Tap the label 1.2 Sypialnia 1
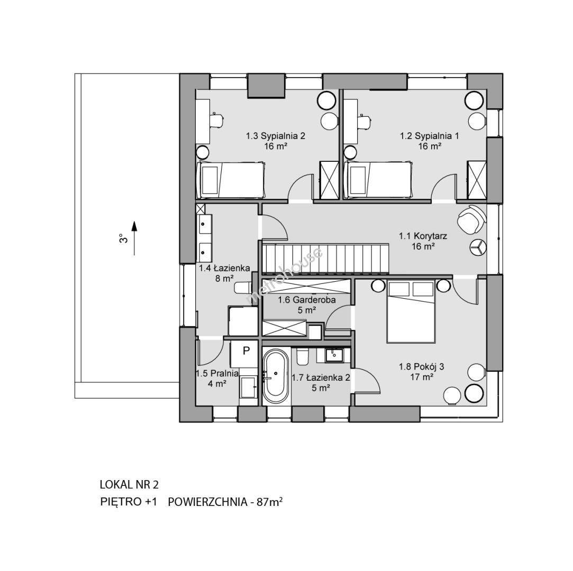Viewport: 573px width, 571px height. tap(430, 136)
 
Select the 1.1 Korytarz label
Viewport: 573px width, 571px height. tap(423, 236)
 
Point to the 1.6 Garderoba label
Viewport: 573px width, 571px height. tap(306, 300)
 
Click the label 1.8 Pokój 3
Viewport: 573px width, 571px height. tap(421, 366)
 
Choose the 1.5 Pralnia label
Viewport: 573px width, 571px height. tap(217, 373)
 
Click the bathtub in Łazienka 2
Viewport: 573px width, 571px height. tap(276, 376)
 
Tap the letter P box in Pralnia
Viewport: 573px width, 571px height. tap(246, 351)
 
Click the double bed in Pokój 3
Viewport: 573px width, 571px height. tap(411, 311)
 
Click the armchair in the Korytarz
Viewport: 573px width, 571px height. tap(471, 219)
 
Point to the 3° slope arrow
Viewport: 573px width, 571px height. tap(134, 238)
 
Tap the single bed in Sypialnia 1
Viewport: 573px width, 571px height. tap(379, 180)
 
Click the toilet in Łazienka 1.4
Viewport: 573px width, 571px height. tap(243, 288)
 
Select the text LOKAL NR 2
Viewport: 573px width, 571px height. tap(130, 485)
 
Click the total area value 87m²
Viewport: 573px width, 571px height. tap(270, 502)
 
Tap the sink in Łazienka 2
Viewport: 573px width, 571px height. tap(334, 355)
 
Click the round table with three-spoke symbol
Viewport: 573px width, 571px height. tap(478, 246)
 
